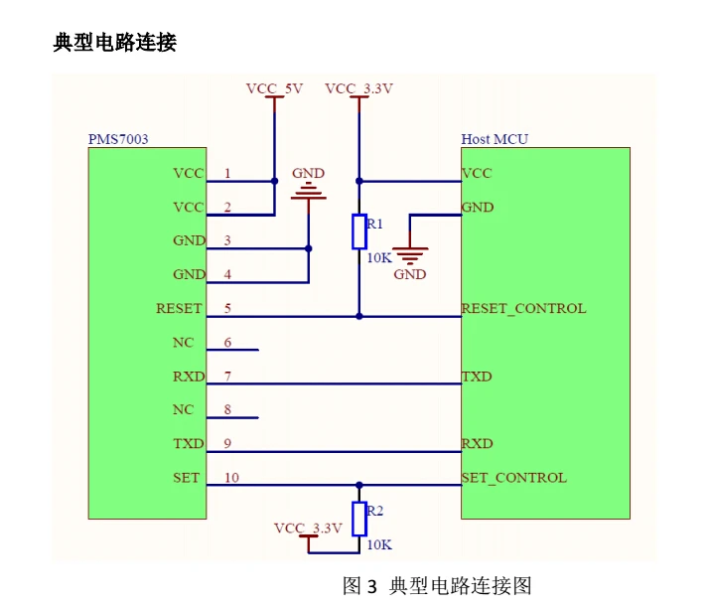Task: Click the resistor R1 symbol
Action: tap(359, 231)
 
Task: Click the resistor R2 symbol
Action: tap(359, 520)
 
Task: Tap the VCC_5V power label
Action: tap(274, 88)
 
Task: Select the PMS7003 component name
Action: tap(118, 139)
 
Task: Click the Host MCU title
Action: tap(495, 139)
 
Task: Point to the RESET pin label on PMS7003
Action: tap(179, 309)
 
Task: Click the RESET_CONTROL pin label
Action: tap(523, 309)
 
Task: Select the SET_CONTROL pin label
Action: tap(514, 478)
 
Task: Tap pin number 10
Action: tap(231, 478)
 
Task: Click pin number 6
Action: tap(227, 342)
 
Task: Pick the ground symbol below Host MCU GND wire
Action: tap(410, 256)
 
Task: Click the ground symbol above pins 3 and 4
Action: tap(309, 191)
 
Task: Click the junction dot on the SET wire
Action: tap(359, 485)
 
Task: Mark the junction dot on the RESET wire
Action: tap(359, 316)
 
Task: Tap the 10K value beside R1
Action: tap(379, 257)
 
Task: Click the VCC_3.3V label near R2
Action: tap(308, 529)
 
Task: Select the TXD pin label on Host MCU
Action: tap(477, 377)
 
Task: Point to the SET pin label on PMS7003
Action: tap(186, 478)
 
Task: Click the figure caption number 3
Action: tap(371, 587)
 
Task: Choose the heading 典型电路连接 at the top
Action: tap(114, 43)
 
